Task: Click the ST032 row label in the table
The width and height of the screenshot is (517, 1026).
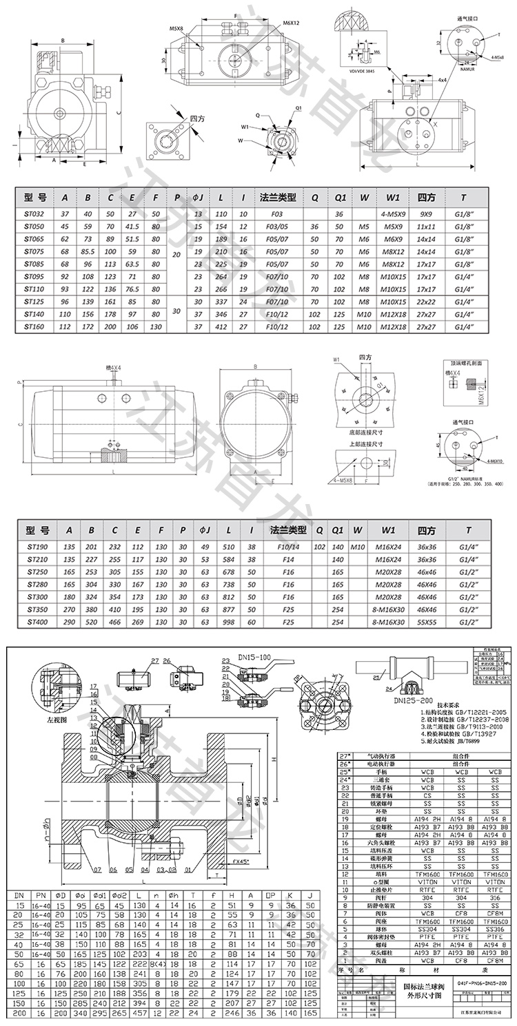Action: [x=34, y=214]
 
